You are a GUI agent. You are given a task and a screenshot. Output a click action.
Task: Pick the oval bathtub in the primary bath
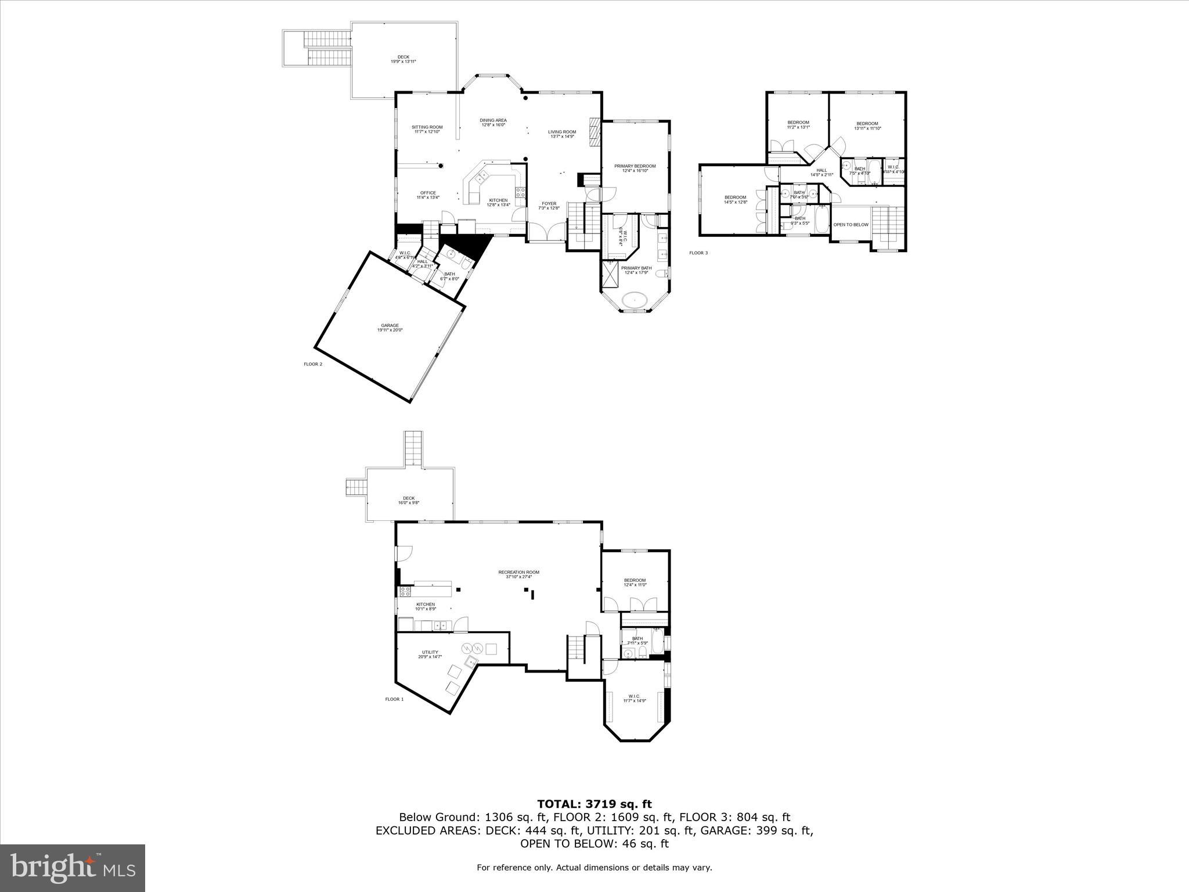(x=635, y=301)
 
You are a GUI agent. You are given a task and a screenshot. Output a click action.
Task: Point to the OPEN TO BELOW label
(x=851, y=225)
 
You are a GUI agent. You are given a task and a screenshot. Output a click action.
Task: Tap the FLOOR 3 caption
(x=698, y=253)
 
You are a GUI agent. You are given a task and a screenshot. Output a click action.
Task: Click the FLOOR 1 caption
(x=394, y=699)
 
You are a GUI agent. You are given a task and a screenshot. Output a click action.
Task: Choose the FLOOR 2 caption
(x=312, y=364)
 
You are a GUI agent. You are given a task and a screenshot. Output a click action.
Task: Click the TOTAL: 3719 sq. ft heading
(x=594, y=804)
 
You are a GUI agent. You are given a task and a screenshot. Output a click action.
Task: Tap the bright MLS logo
(x=73, y=868)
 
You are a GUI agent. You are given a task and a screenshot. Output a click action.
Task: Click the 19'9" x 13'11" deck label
(x=403, y=59)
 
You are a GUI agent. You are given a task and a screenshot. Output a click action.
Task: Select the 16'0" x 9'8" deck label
(x=409, y=500)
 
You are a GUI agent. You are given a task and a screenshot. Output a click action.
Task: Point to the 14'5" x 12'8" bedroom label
(x=735, y=200)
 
